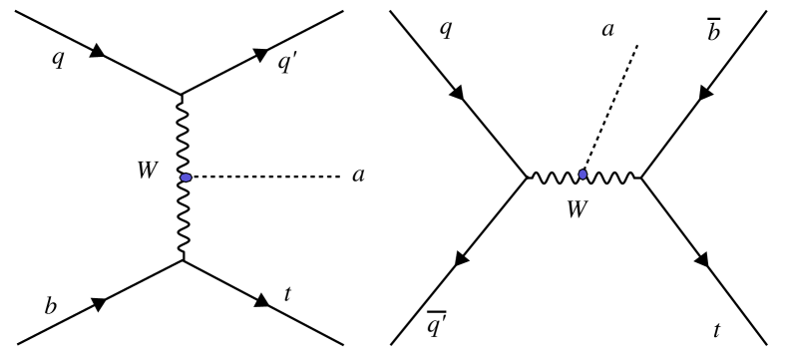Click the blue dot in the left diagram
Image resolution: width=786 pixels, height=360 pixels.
(185, 178)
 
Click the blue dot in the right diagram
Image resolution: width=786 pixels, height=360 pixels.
(582, 175)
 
